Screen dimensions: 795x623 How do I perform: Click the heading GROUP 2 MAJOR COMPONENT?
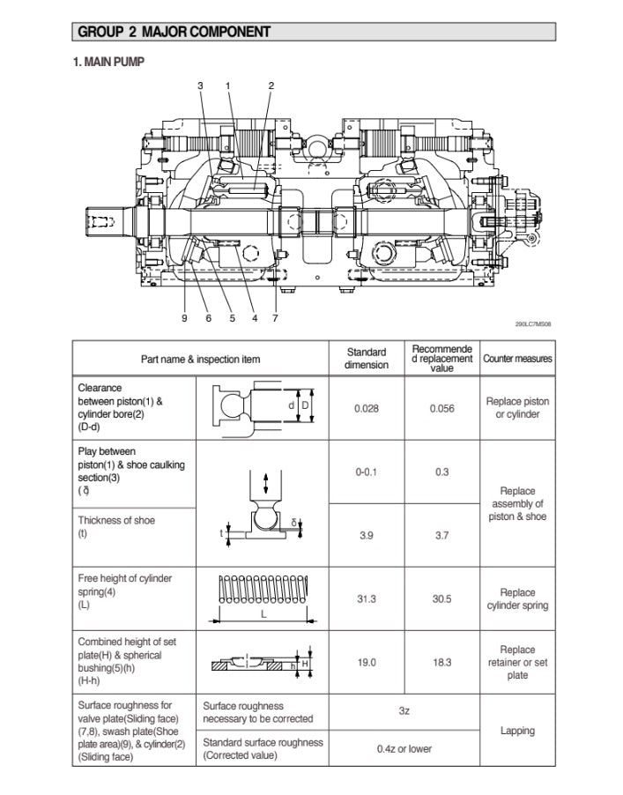point(174,33)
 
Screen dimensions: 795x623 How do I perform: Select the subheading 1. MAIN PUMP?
point(108,62)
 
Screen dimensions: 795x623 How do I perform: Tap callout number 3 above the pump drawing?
point(200,85)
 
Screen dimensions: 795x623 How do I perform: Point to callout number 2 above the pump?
point(271,85)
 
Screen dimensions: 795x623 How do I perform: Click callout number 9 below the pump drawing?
point(184,318)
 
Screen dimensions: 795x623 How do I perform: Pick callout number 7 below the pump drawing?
point(275,318)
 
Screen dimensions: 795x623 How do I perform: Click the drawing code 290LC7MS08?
point(534,324)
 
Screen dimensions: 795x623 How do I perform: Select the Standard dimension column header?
point(367,359)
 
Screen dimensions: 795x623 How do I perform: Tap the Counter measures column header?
point(518,359)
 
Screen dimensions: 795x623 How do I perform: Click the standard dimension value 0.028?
point(367,409)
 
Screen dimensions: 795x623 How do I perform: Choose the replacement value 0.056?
point(441,409)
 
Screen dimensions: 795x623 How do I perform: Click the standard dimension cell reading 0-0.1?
point(367,472)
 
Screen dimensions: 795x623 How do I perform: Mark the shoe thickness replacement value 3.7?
point(441,535)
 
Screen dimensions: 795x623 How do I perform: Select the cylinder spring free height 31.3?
point(367,599)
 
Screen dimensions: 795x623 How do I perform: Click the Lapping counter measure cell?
point(517,731)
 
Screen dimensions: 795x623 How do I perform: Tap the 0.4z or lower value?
point(404,749)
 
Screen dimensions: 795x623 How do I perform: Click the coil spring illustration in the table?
point(263,589)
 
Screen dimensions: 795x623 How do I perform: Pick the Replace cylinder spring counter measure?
point(517,599)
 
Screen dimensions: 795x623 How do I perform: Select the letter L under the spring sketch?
point(263,615)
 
